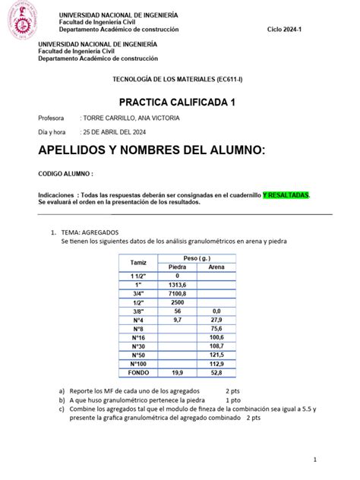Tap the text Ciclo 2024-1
[x=286, y=28]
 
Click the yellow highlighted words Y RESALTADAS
[x=286, y=195]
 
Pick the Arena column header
[x=216, y=267]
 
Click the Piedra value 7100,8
[x=177, y=292]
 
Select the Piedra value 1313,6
[x=177, y=284]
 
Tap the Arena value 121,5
[x=216, y=355]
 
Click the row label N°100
[x=138, y=364]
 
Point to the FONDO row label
[x=138, y=373]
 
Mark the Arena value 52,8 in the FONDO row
[x=216, y=373]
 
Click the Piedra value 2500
[x=177, y=302]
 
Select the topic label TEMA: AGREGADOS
[x=90, y=232]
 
